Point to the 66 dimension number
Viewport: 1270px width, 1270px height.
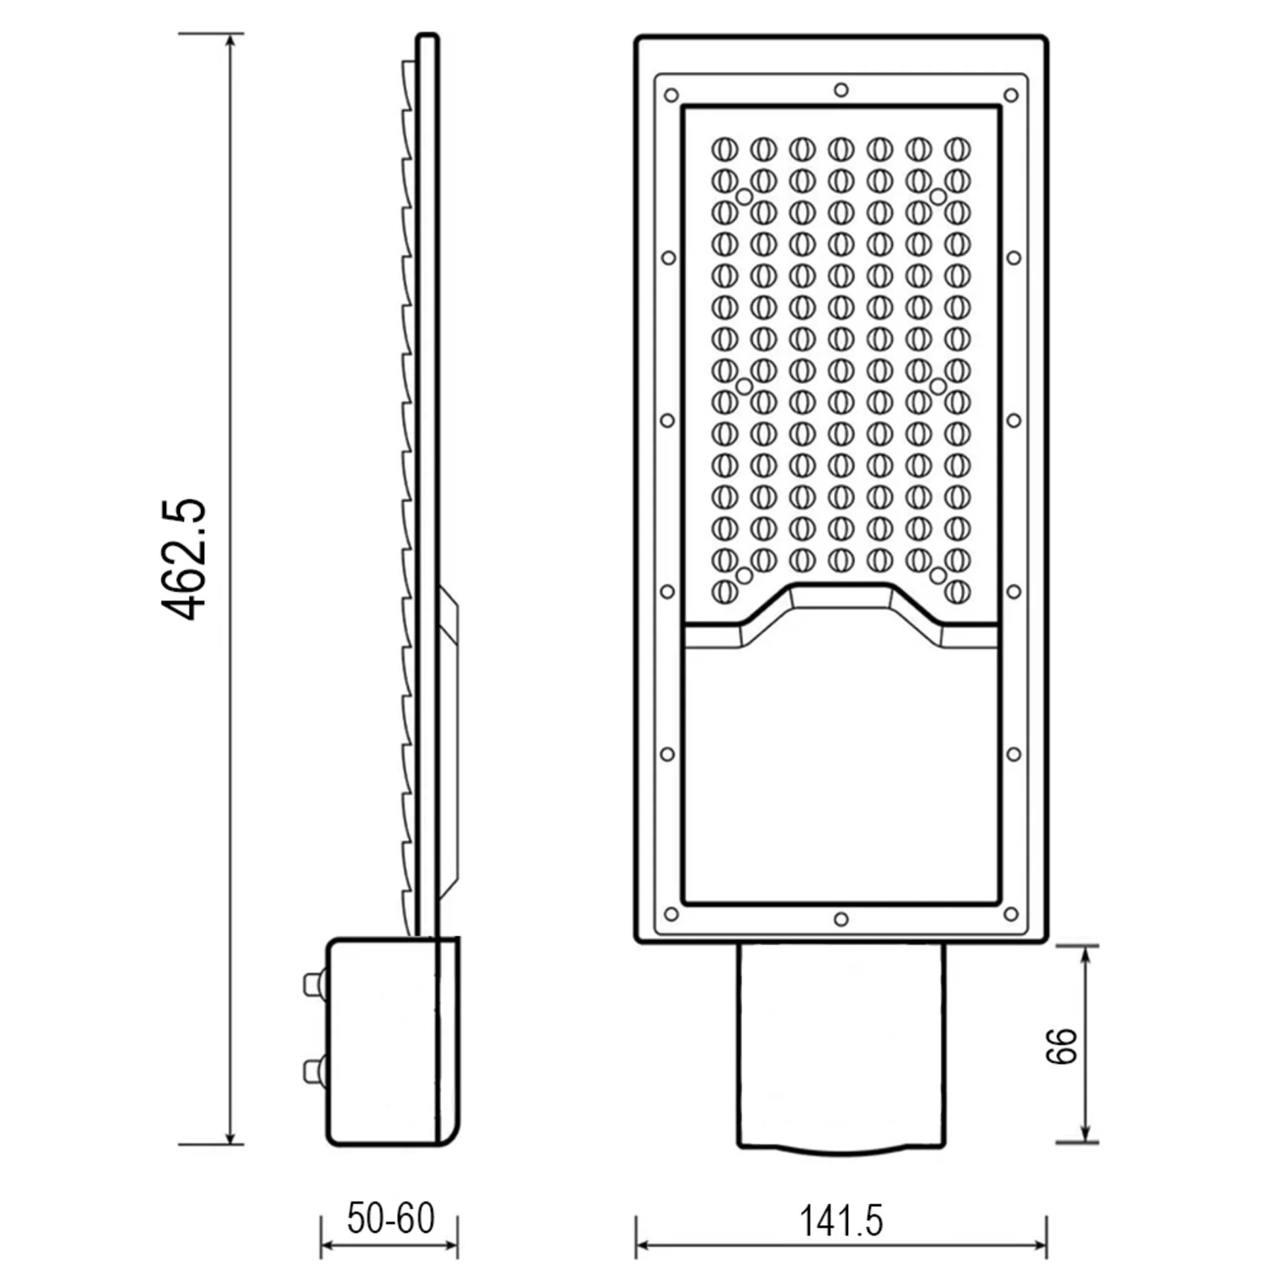pos(1062,1046)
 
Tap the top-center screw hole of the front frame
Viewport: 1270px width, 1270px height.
pos(841,90)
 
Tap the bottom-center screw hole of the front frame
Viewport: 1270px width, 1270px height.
pos(841,919)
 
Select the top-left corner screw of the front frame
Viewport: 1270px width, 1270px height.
pos(671,95)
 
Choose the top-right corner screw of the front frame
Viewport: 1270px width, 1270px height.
pos(1011,95)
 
